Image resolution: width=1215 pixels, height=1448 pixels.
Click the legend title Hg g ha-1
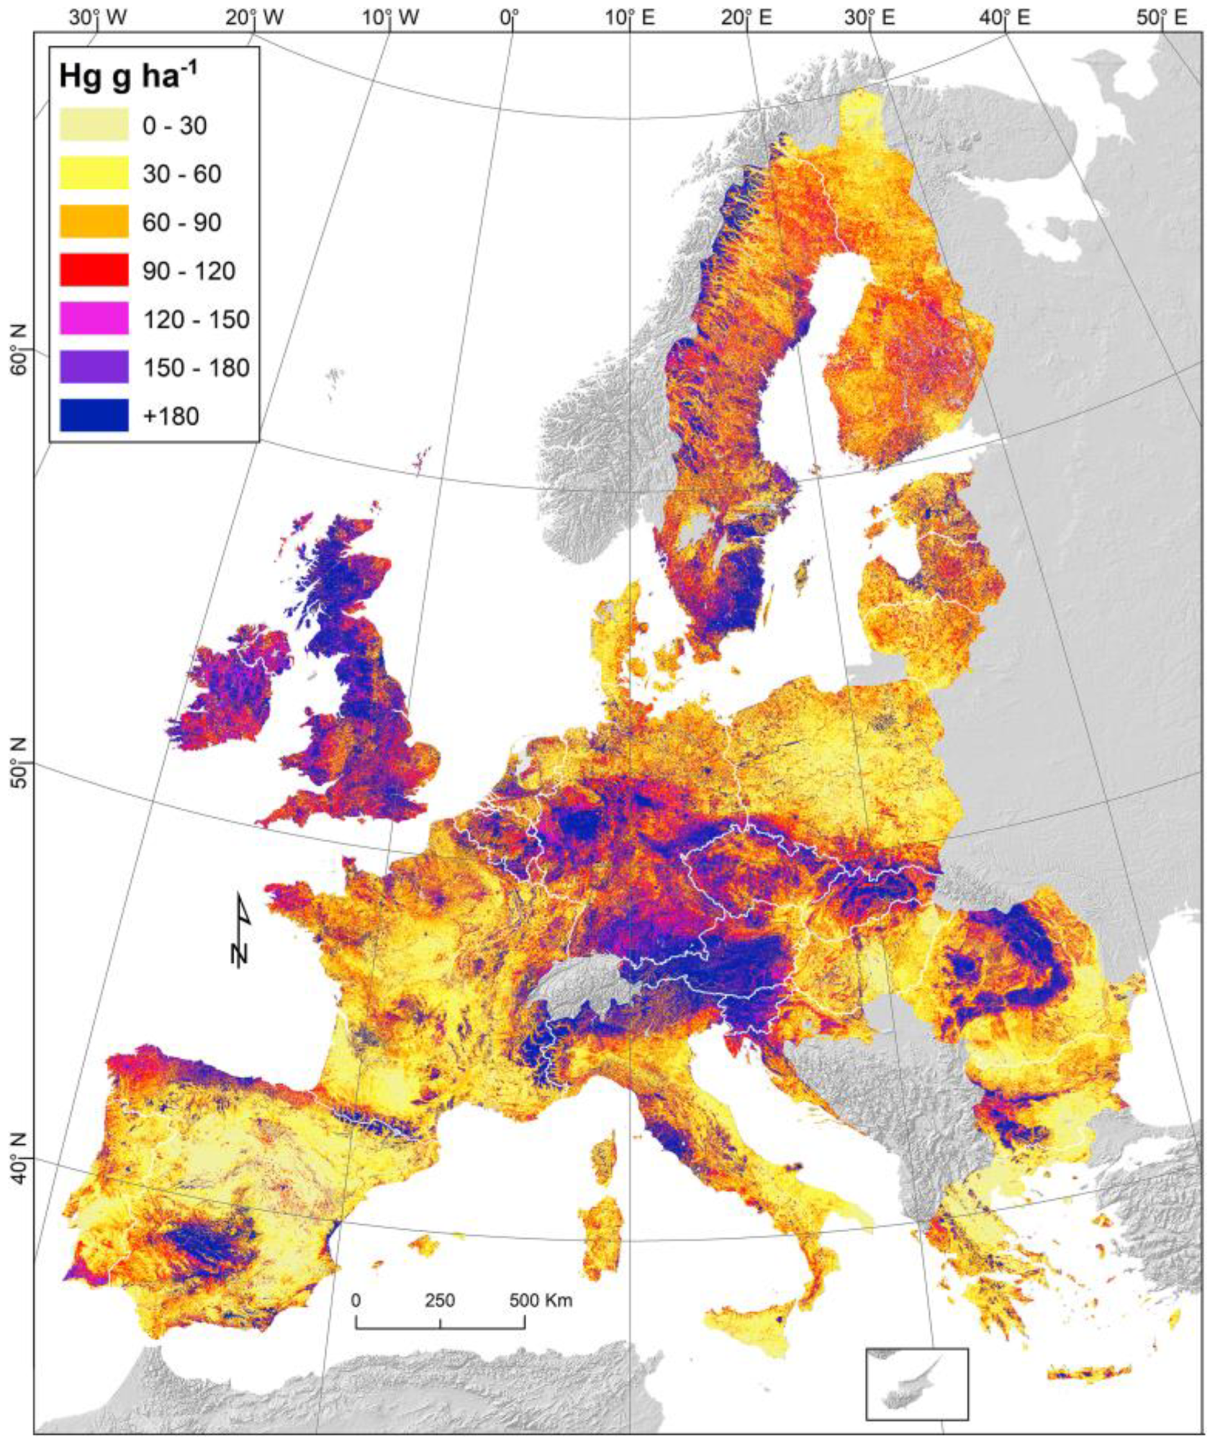click(x=129, y=76)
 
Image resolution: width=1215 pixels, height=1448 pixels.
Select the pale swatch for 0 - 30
click(x=94, y=125)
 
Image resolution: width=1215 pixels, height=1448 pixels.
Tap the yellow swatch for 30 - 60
click(x=94, y=173)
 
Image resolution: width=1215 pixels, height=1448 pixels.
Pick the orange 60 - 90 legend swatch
click(x=94, y=222)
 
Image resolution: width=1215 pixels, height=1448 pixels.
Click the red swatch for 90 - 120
click(x=94, y=270)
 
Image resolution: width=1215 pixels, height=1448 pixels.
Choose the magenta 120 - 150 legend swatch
click(x=94, y=319)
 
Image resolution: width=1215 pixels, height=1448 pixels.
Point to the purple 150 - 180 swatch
click(x=94, y=367)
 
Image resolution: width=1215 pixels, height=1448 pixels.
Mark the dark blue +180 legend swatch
click(x=94, y=416)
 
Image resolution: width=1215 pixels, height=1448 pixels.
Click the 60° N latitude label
click(x=19, y=351)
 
